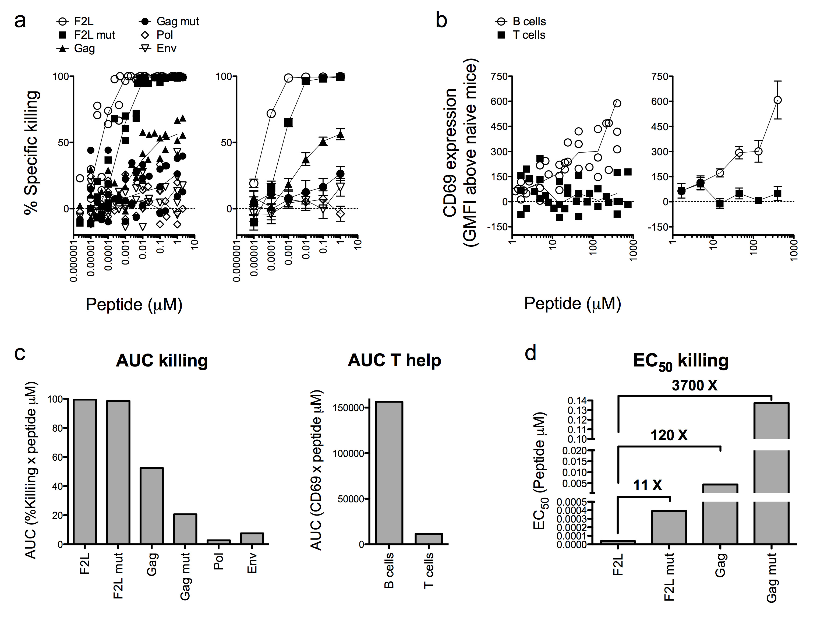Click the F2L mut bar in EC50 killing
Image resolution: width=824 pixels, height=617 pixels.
coord(669,527)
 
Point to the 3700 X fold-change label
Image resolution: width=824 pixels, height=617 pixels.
coord(694,386)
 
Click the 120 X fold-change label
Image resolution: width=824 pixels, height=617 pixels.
coord(669,435)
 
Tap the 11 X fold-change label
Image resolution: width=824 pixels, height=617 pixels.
coord(648,485)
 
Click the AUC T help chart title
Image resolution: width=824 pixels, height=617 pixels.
coord(394,360)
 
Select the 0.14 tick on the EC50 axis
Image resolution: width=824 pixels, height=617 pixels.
coord(577,401)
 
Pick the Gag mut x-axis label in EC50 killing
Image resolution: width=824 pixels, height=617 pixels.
coord(772,577)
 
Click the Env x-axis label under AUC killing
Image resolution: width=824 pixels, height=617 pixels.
coord(252,563)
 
